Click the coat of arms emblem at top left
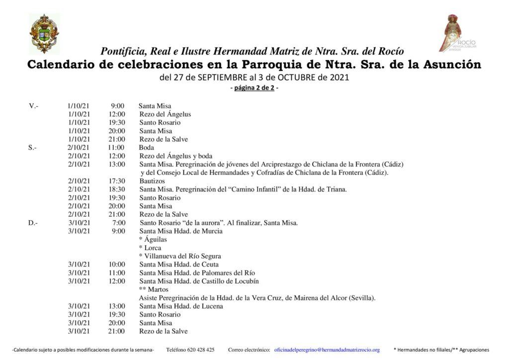pyautogui.click(x=44, y=33)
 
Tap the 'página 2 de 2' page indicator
pyautogui.click(x=254, y=88)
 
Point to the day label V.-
pyautogui.click(x=34, y=106)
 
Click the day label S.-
pyautogui.click(x=33, y=148)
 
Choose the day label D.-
pyautogui.click(x=33, y=223)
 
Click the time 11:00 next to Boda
pyautogui.click(x=116, y=148)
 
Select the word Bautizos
pyautogui.click(x=152, y=181)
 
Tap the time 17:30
pyautogui.click(x=117, y=181)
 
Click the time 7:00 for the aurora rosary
pyautogui.click(x=119, y=223)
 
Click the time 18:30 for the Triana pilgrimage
pyautogui.click(x=117, y=189)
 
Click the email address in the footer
pyautogui.click(x=327, y=350)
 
